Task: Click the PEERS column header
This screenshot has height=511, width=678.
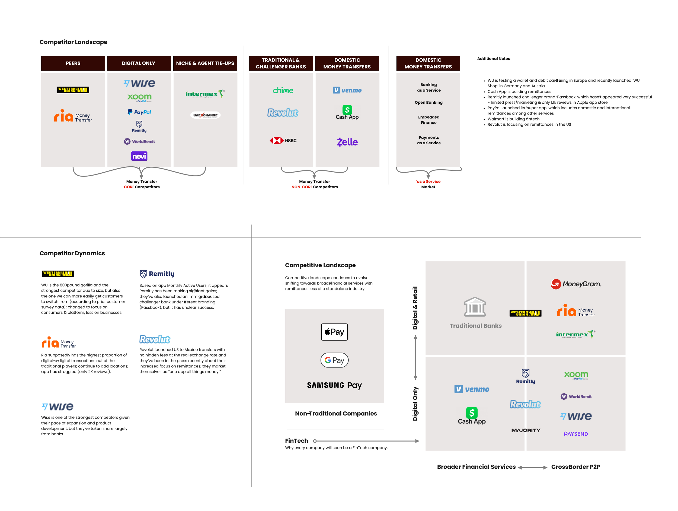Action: [73, 63]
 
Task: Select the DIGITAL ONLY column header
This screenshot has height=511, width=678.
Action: [139, 63]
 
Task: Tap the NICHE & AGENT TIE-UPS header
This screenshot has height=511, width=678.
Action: [205, 63]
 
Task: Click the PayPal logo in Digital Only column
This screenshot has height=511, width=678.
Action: [139, 112]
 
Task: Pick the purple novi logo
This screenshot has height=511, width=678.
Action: [139, 156]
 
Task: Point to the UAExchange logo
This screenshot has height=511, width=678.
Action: [205, 115]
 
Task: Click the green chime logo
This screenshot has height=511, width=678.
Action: [283, 90]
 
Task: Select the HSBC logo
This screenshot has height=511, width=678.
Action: [283, 141]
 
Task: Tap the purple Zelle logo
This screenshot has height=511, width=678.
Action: [347, 142]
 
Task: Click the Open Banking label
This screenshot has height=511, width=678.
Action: [428, 103]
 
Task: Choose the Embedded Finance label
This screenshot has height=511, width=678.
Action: [428, 120]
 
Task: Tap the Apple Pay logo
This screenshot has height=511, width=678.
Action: [334, 332]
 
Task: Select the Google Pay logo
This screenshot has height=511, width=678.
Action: [334, 360]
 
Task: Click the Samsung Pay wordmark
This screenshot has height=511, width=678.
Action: [334, 385]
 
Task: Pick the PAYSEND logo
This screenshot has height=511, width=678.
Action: [576, 434]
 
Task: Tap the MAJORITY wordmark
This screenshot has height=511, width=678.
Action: [526, 430]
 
